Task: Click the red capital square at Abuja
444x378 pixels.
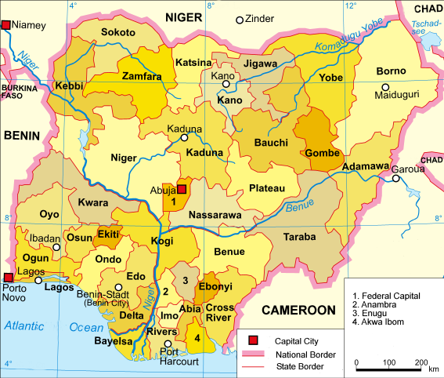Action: click(x=182, y=189)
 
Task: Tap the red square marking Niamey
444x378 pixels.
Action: click(x=6, y=25)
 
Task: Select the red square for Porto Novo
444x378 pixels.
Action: click(x=7, y=277)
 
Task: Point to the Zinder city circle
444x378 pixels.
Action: click(x=240, y=20)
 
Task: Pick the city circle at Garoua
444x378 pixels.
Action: click(x=397, y=178)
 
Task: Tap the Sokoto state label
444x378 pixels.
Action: click(x=118, y=33)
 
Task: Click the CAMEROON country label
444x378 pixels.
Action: click(x=298, y=311)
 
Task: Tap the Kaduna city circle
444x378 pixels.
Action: click(x=185, y=137)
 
